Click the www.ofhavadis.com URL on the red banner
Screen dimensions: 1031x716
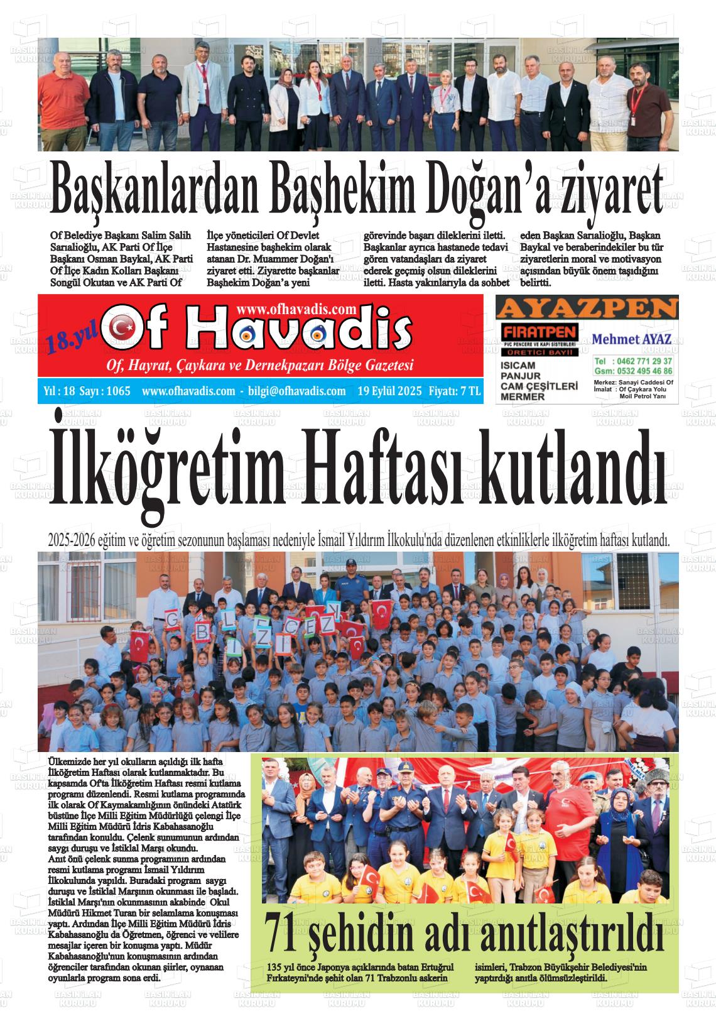click(297, 308)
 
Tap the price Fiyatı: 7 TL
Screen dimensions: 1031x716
click(455, 391)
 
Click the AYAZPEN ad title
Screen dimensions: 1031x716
click(587, 308)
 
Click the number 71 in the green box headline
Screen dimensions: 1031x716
click(281, 937)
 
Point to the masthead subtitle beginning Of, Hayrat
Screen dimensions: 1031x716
click(260, 366)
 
